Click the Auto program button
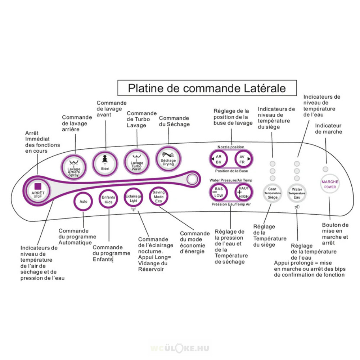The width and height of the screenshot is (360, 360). coord(84,201)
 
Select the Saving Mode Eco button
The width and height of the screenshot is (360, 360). coord(158,197)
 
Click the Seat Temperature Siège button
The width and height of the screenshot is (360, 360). coord(273,193)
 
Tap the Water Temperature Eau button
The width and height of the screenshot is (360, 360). coord(297,193)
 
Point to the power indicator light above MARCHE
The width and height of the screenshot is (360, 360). coord(326,169)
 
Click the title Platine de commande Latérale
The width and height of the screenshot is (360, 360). coord(207,88)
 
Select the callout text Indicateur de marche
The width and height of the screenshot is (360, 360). coord(329,129)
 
